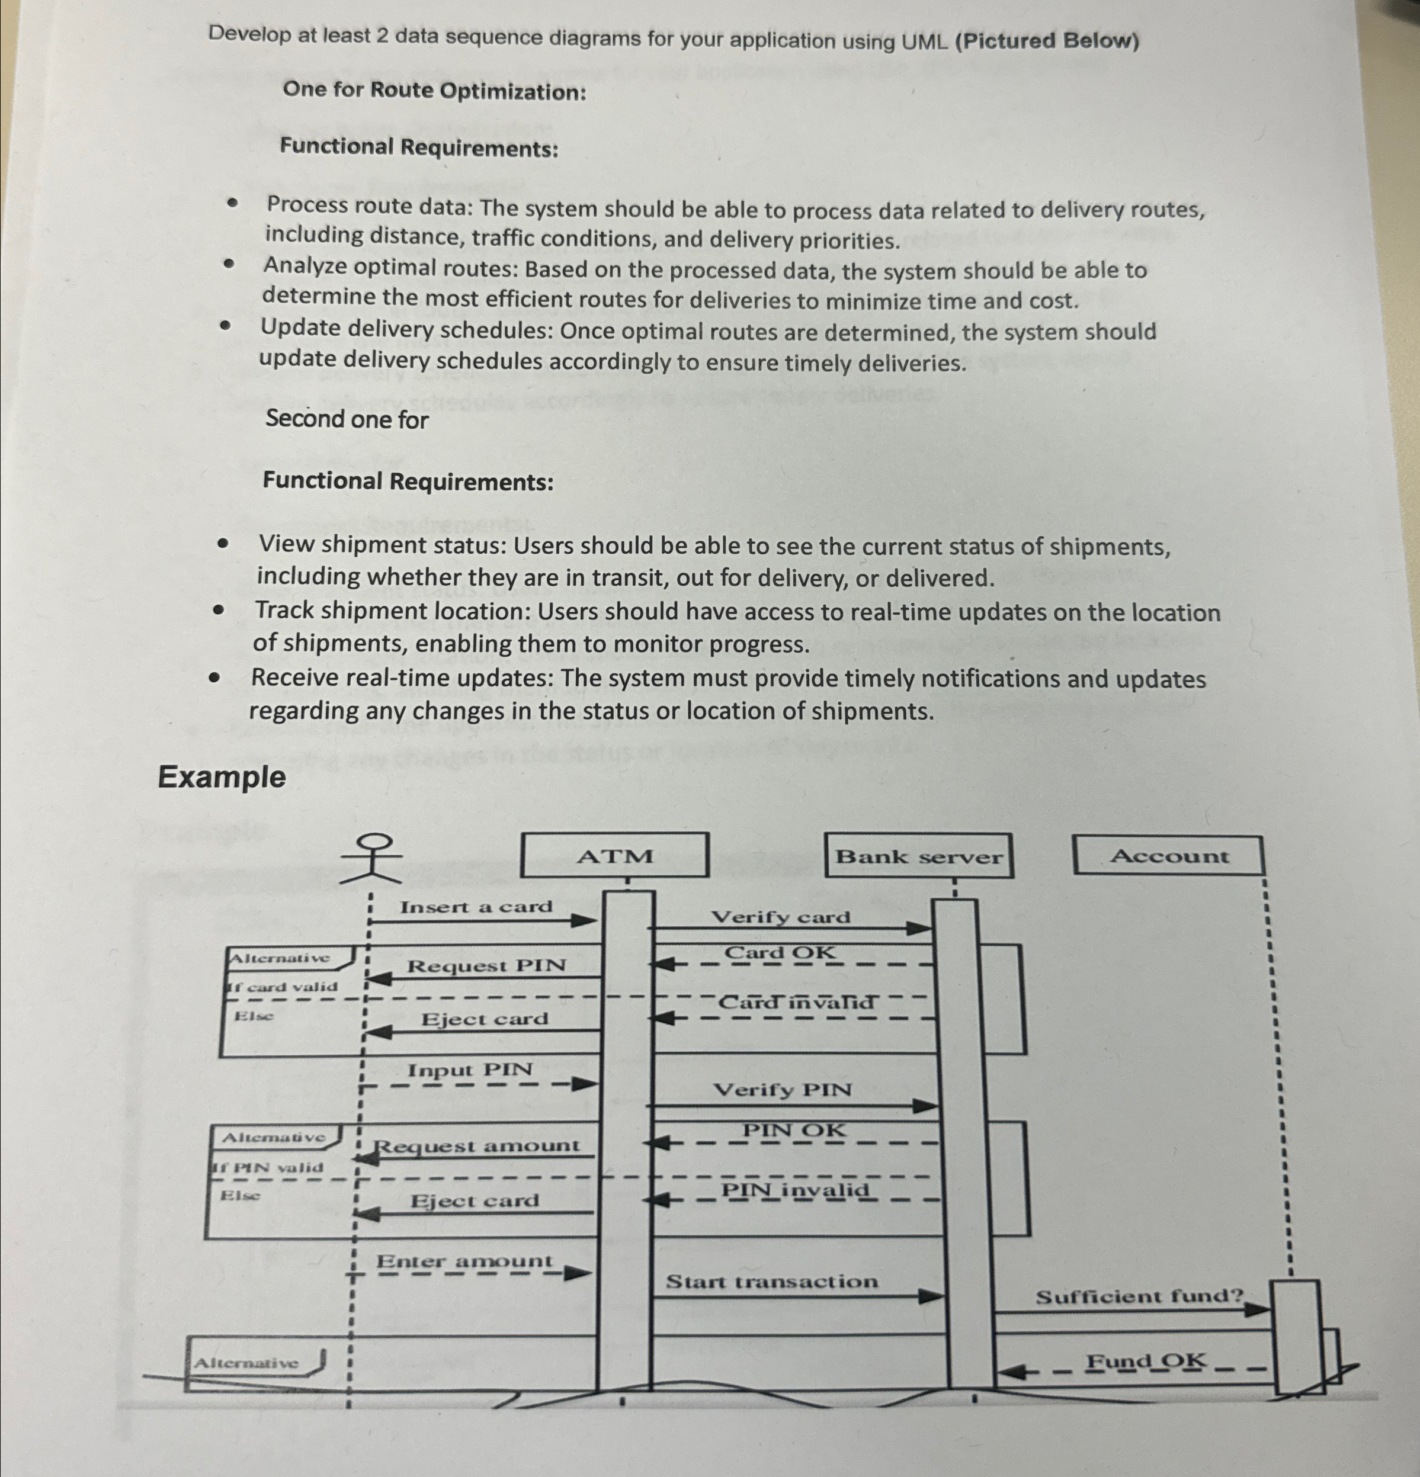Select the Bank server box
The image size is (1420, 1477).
click(919, 857)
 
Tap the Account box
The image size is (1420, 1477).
click(1168, 856)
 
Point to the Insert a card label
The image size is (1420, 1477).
click(476, 907)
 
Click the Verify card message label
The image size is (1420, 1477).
click(781, 917)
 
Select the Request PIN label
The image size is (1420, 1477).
click(486, 965)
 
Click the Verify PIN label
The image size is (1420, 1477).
click(783, 1090)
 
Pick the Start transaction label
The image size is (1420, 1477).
click(772, 1282)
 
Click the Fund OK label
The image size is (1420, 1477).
click(1146, 1362)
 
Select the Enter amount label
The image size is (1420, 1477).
click(464, 1261)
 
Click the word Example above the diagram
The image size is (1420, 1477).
click(222, 777)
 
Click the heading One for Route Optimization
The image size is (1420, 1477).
click(434, 91)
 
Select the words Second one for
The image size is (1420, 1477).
click(347, 419)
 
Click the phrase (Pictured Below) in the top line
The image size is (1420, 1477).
click(1047, 41)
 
